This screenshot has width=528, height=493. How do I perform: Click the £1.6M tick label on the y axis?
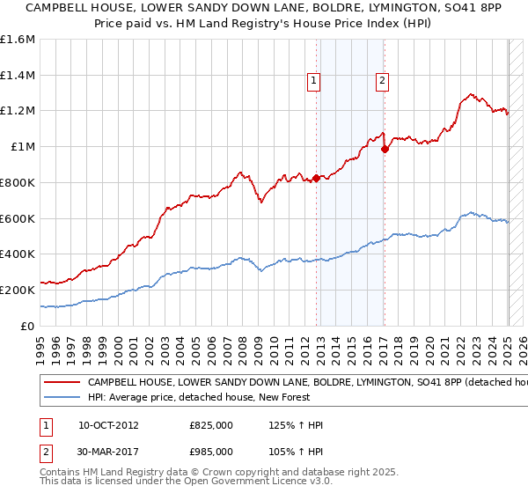pyautogui.click(x=18, y=40)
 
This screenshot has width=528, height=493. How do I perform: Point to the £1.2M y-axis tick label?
pyautogui.click(x=18, y=111)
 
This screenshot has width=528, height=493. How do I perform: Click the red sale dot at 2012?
pyautogui.click(x=316, y=179)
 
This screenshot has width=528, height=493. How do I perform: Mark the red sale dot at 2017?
pyautogui.click(x=385, y=150)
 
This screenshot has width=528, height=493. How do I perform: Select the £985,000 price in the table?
pyautogui.click(x=211, y=451)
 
